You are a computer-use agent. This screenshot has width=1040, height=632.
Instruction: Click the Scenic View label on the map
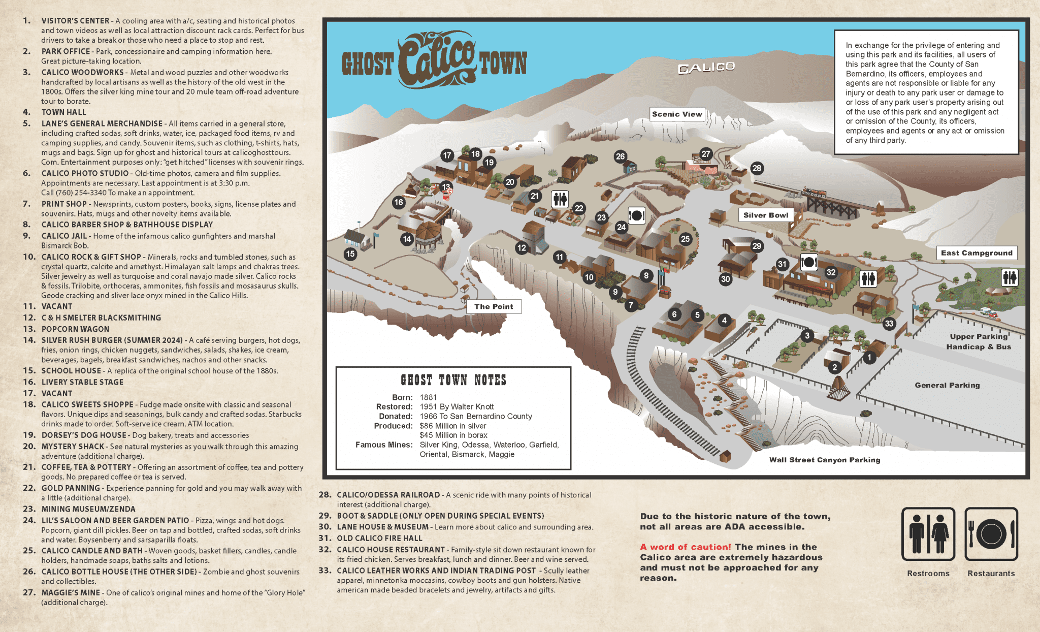tap(677, 114)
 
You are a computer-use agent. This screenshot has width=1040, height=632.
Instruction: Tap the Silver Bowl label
tap(765, 215)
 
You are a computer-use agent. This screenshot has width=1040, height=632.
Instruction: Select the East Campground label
tap(976, 253)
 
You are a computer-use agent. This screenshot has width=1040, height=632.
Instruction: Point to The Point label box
tap(494, 306)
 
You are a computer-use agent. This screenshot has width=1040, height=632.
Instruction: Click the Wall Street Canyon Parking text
tap(824, 460)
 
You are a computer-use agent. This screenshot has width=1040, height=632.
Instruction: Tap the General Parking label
tap(947, 385)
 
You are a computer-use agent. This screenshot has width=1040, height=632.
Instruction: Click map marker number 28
tap(757, 168)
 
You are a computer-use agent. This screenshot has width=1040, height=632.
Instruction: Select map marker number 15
tap(350, 254)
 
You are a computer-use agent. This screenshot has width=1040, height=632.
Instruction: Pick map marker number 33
tap(889, 324)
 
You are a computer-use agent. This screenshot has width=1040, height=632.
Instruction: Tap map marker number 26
tap(620, 156)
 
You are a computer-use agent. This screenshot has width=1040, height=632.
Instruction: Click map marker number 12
tap(522, 248)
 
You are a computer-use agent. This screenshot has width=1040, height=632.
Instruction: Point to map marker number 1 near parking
tap(869, 358)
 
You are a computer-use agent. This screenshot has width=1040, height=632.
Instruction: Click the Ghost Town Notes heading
tap(453, 380)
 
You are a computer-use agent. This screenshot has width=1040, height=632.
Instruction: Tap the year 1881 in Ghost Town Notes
tap(428, 397)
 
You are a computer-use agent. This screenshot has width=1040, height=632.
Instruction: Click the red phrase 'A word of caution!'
tap(685, 547)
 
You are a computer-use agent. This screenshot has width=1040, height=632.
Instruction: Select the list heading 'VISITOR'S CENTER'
tap(75, 21)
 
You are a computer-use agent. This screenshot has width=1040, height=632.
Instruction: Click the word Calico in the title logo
tap(437, 60)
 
